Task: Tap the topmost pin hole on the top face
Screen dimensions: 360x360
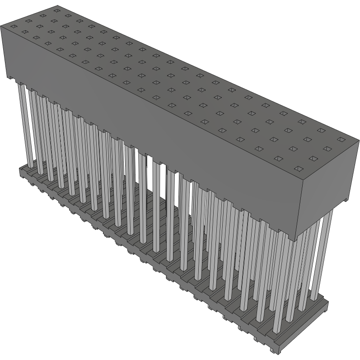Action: tap(56, 9)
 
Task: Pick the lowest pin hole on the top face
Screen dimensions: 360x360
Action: tap(298, 168)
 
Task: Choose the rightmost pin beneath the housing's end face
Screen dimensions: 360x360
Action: tap(328, 253)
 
